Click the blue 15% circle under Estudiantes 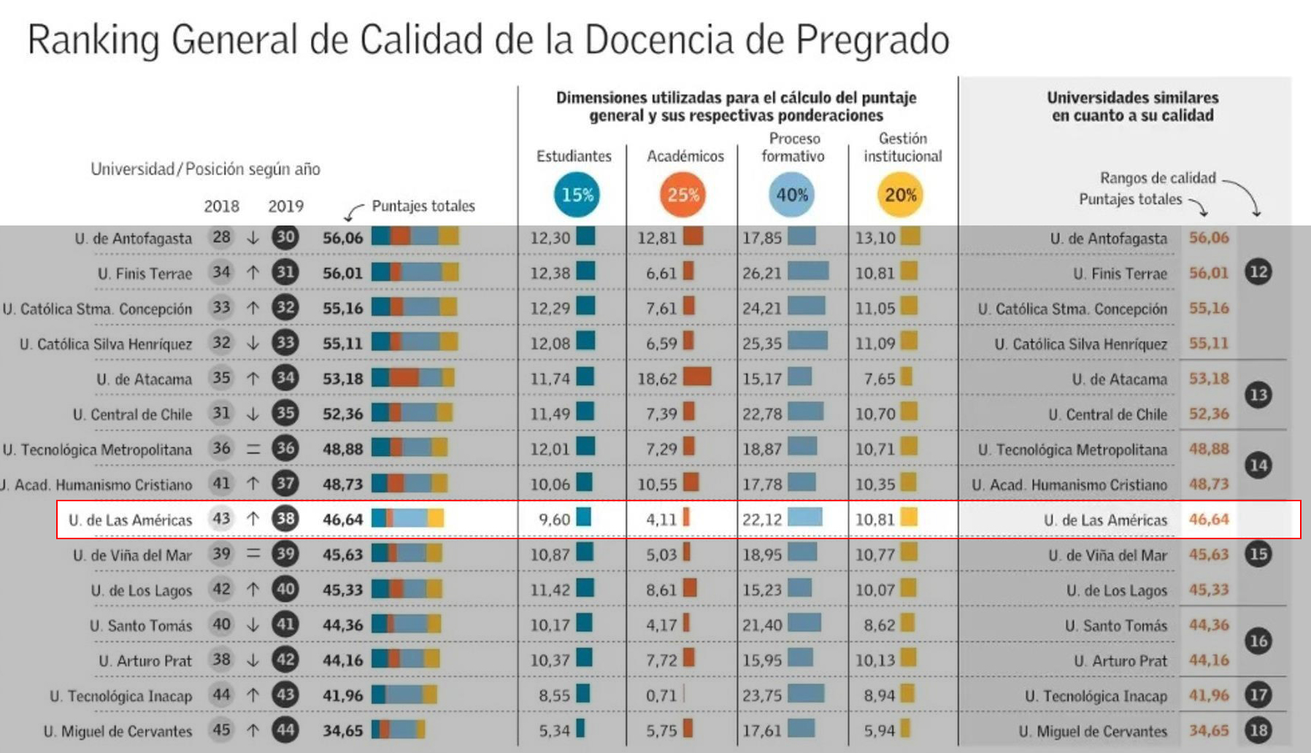(x=577, y=195)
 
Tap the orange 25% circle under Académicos (x=683, y=195)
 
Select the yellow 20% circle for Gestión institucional (x=900, y=195)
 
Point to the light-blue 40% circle (x=792, y=195)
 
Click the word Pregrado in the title (x=872, y=40)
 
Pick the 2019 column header (x=285, y=206)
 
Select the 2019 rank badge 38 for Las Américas (x=285, y=519)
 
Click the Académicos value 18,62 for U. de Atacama (x=657, y=379)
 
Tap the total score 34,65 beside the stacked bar (x=342, y=730)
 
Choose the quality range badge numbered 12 (x=1258, y=272)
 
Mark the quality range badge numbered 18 (x=1258, y=730)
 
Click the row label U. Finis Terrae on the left (x=145, y=274)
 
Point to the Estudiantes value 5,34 (x=554, y=730)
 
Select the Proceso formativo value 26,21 (x=761, y=274)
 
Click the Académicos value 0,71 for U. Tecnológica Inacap (x=661, y=695)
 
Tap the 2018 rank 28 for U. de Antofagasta (x=221, y=237)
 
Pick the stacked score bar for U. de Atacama (x=412, y=378)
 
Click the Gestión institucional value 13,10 (x=874, y=238)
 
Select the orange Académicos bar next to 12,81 (x=693, y=236)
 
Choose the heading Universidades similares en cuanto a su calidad (x=1132, y=107)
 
